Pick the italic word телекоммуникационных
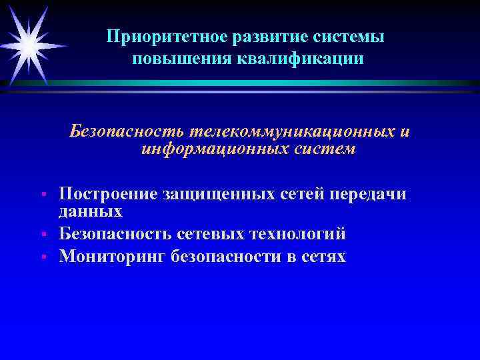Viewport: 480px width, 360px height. pyautogui.click(x=284, y=131)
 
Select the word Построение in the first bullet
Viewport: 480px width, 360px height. pyautogui.click(x=106, y=194)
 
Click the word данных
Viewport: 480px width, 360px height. pyautogui.click(x=91, y=211)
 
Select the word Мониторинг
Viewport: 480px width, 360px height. pyautogui.click(x=111, y=257)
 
